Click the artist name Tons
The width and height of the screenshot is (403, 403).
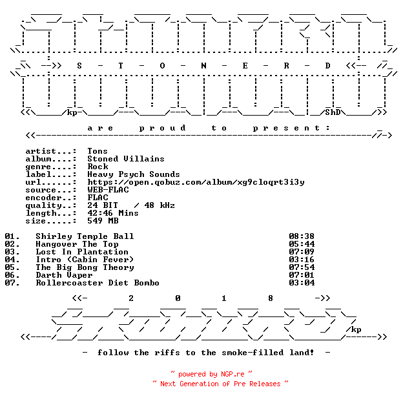tap(98, 151)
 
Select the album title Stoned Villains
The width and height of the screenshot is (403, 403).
tap(126, 159)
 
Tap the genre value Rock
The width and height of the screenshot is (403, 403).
tap(98, 166)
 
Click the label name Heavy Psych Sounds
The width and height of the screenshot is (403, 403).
tap(134, 174)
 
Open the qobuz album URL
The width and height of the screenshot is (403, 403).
tap(196, 182)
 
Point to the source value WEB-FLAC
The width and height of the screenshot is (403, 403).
tap(108, 190)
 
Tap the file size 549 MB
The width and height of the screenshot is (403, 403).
tap(103, 220)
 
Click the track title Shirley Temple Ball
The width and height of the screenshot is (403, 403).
tap(85, 236)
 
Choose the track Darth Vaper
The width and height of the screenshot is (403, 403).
tap(64, 275)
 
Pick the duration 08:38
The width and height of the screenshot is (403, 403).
tap(302, 236)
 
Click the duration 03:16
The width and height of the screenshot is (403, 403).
tap(302, 260)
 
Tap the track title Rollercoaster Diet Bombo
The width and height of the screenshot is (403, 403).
tap(98, 283)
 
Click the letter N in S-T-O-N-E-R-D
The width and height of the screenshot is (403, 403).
tap(203, 66)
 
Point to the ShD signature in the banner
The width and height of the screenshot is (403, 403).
tap(333, 112)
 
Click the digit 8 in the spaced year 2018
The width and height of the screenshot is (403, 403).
tap(271, 298)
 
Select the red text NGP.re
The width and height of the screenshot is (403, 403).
tap(233, 374)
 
